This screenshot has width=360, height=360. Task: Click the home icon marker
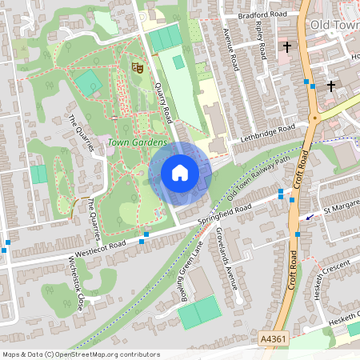click(180, 173)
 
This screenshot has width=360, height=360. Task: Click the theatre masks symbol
click(137, 69)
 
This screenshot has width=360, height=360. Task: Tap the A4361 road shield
click(272, 340)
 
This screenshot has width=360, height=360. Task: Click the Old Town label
click(334, 26)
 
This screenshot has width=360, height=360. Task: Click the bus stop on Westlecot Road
click(143, 240)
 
